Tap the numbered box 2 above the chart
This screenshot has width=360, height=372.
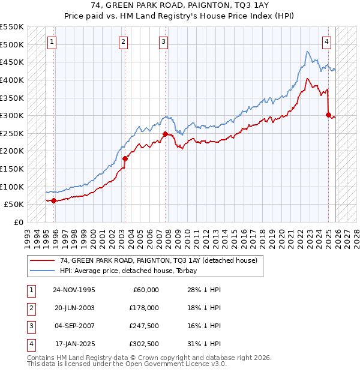pyautogui.click(x=122, y=42)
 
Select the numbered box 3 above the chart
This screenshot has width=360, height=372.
pyautogui.click(x=163, y=42)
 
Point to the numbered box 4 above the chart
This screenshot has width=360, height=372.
pyautogui.click(x=326, y=42)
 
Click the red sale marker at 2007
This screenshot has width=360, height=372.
pyautogui.click(x=165, y=134)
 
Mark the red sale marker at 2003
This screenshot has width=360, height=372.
pyautogui.click(x=125, y=159)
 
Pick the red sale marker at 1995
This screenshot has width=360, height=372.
pyautogui.click(x=54, y=200)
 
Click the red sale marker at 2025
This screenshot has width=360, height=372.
pyautogui.click(x=328, y=115)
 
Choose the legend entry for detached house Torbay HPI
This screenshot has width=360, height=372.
pyautogui.click(x=132, y=271)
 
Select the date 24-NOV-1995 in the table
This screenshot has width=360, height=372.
pyautogui.click(x=74, y=290)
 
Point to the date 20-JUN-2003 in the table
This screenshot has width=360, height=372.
pyautogui.click(x=74, y=308)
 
